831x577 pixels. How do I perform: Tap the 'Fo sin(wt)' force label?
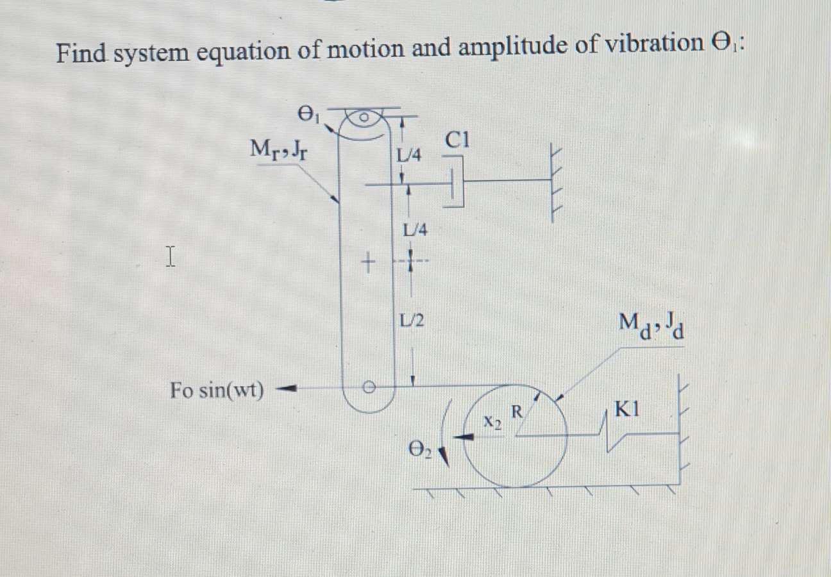[217, 390]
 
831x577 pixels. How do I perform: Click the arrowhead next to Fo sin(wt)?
[289, 388]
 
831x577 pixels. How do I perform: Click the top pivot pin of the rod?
[363, 118]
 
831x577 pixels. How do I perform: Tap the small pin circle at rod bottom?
[368, 387]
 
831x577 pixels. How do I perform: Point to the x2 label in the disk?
[492, 421]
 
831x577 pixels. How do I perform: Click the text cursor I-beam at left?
[170, 256]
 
